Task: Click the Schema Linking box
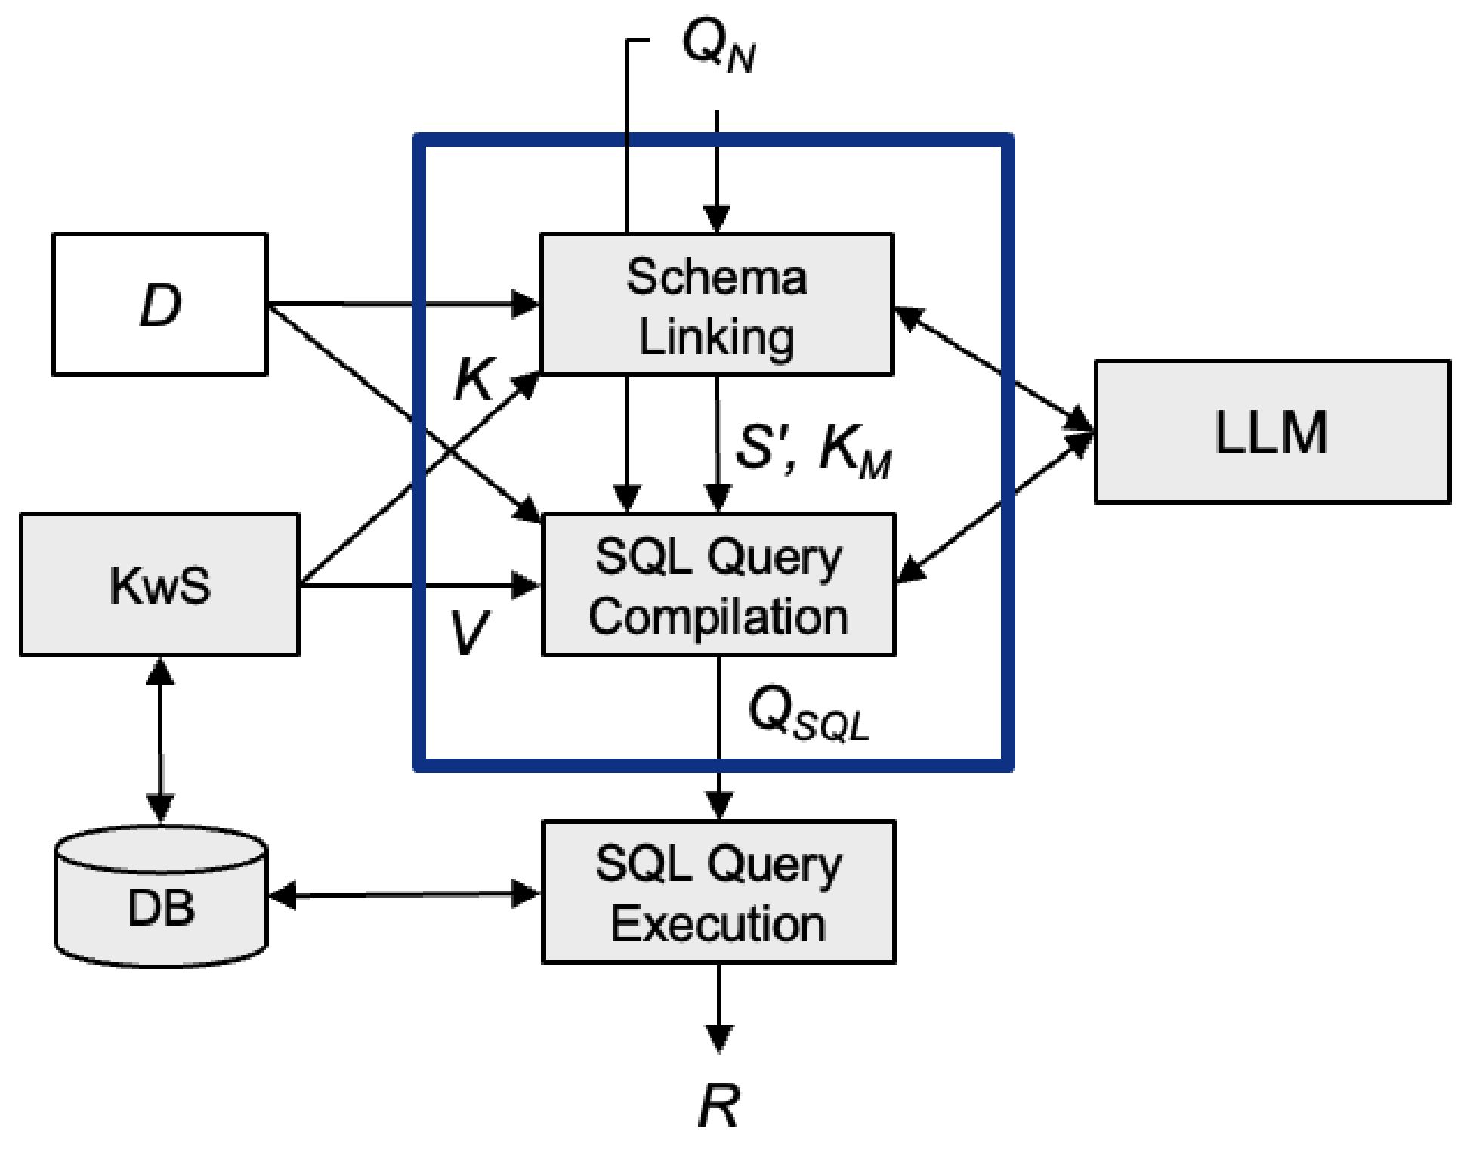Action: [716, 304]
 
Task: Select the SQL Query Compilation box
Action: [718, 585]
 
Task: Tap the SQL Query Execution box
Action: [718, 892]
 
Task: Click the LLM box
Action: [1272, 431]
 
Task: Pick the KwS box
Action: [159, 585]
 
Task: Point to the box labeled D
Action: [159, 304]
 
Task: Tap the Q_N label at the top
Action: [718, 45]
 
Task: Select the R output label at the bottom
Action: [718, 1105]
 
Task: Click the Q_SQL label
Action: [808, 714]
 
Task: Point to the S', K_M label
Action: [813, 450]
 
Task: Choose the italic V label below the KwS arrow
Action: [468, 632]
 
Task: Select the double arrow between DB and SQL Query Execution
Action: [404, 895]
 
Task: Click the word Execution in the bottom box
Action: [718, 923]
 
